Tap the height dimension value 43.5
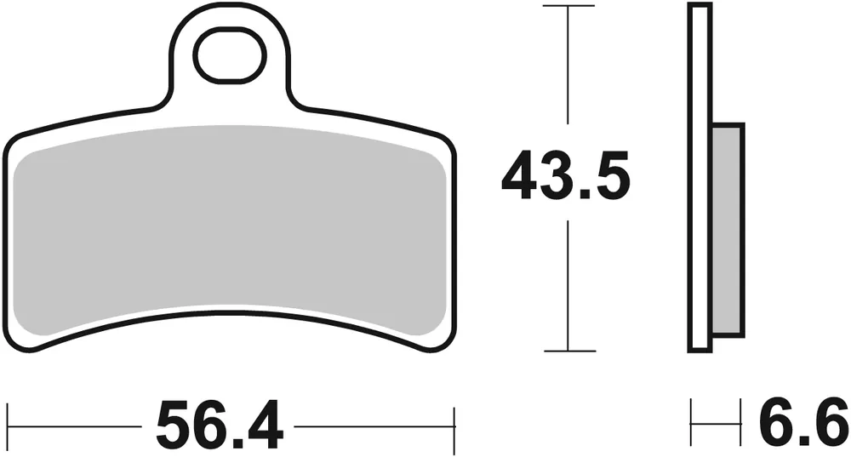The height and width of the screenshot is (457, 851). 566,176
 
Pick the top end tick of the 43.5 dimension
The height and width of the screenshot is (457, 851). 568,6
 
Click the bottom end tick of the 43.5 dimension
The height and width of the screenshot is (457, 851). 568,351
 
